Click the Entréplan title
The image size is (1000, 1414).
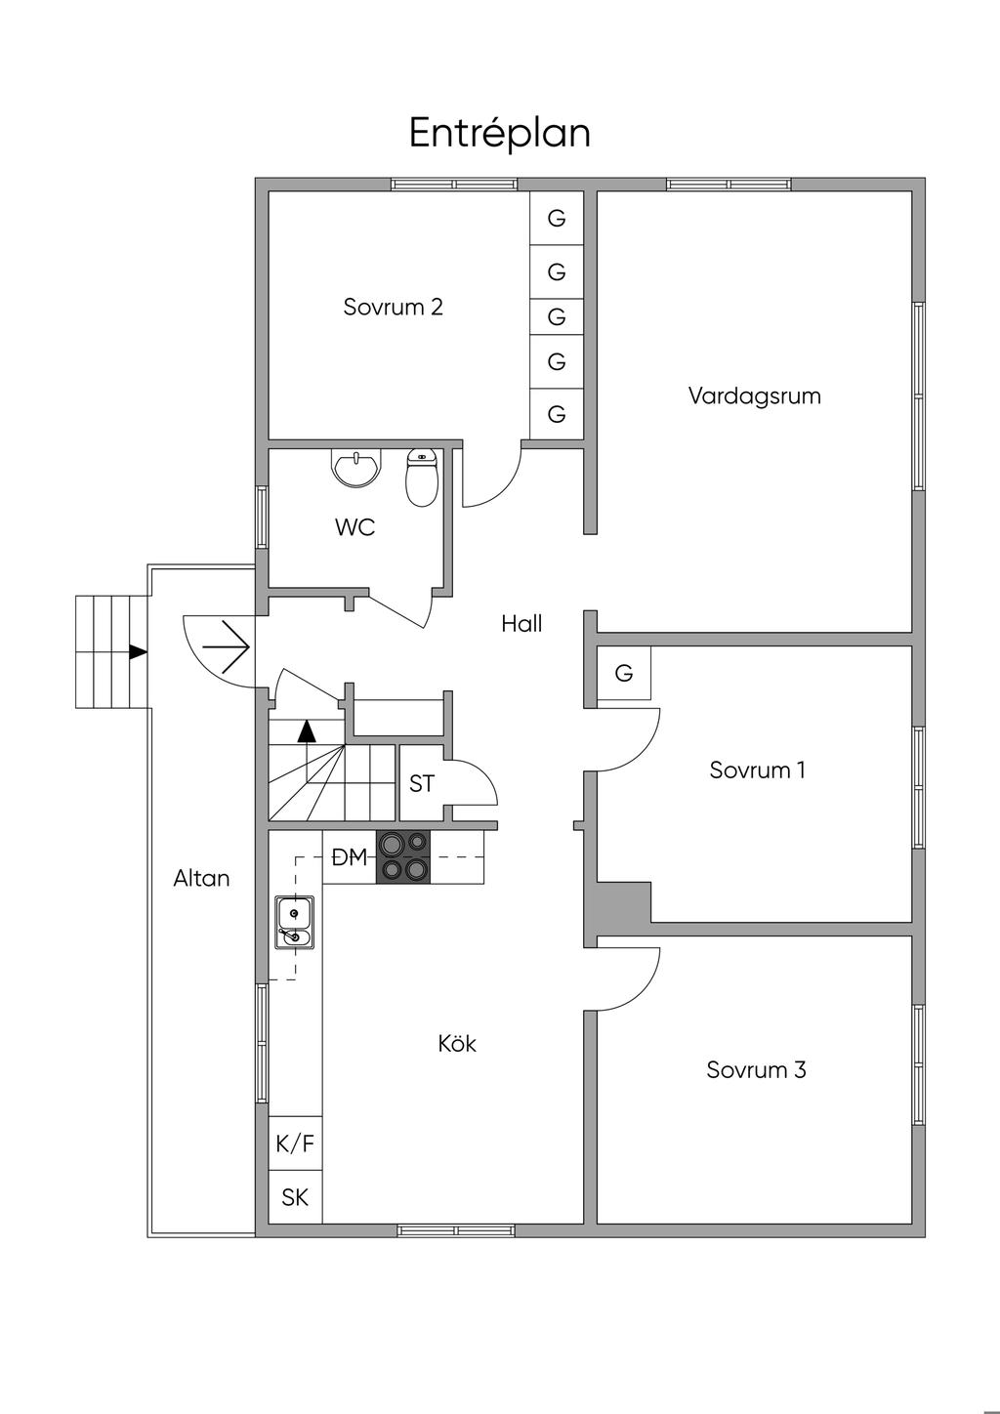pyautogui.click(x=499, y=133)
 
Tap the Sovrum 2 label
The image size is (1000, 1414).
pyautogui.click(x=393, y=307)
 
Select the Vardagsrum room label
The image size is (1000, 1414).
pyautogui.click(x=755, y=395)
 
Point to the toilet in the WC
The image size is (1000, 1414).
pyautogui.click(x=422, y=478)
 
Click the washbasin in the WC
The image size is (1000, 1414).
pyautogui.click(x=356, y=468)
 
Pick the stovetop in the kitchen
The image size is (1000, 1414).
pyautogui.click(x=403, y=856)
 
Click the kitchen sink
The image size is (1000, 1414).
pyautogui.click(x=294, y=922)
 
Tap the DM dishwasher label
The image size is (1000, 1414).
pyautogui.click(x=350, y=857)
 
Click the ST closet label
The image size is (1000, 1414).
pyautogui.click(x=422, y=783)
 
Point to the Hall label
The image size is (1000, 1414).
pyautogui.click(x=522, y=624)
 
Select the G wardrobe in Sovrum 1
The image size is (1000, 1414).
pyautogui.click(x=624, y=673)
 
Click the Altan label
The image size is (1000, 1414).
pyautogui.click(x=201, y=878)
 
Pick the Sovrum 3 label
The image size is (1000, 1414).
pyautogui.click(x=756, y=1069)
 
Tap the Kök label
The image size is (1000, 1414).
pyautogui.click(x=457, y=1043)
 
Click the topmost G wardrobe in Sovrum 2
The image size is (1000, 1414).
pyautogui.click(x=557, y=219)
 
